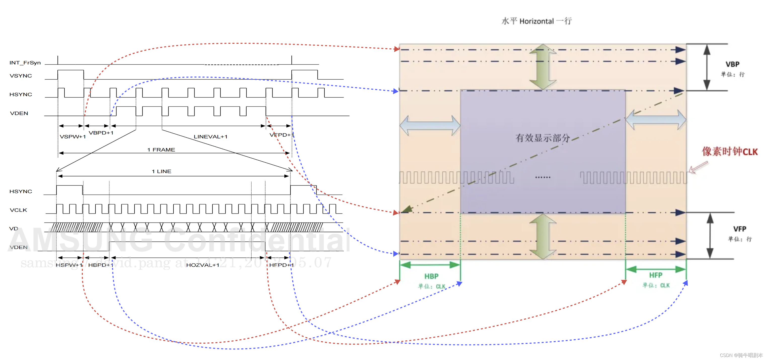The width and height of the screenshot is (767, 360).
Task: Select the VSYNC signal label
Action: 21,76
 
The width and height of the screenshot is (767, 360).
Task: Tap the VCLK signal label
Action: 18,210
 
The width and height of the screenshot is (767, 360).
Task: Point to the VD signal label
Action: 14,228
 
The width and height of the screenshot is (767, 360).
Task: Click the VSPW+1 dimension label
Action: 73,136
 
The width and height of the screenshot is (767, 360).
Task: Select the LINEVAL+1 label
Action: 211,136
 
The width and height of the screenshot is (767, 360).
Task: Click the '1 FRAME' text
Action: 161,150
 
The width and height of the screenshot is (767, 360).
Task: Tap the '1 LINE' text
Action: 161,171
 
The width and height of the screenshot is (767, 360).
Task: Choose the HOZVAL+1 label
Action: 203,265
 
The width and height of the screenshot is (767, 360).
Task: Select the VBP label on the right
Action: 732,64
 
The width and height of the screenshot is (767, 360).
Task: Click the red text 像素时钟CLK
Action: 730,151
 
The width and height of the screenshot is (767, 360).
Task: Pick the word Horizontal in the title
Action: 536,21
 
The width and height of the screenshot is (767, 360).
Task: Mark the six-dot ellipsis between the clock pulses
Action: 543,177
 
